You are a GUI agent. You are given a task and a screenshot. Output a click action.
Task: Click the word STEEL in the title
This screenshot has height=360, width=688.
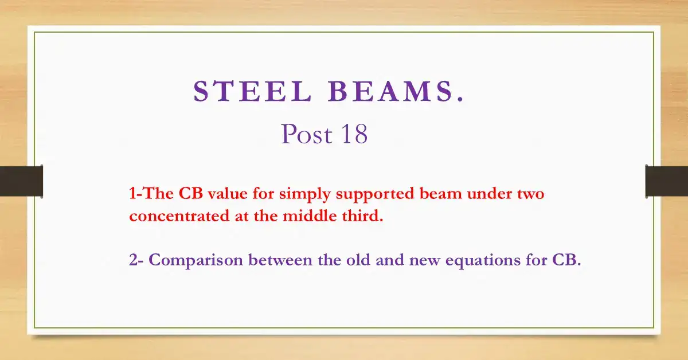(x=252, y=91)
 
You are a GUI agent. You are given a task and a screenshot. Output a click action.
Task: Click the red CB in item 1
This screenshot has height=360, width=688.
(x=191, y=194)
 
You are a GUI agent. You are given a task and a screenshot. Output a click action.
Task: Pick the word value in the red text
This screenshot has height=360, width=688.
(x=228, y=194)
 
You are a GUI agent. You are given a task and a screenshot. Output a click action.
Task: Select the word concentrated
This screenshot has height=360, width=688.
(x=179, y=216)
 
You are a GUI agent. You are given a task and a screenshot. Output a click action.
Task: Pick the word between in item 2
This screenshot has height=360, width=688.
(x=280, y=260)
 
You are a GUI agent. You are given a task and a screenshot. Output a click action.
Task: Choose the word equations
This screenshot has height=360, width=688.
(x=483, y=261)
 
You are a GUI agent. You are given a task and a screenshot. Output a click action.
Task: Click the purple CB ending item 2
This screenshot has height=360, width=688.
(x=566, y=260)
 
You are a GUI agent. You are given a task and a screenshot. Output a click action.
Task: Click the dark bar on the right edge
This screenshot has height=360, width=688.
(x=666, y=181)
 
